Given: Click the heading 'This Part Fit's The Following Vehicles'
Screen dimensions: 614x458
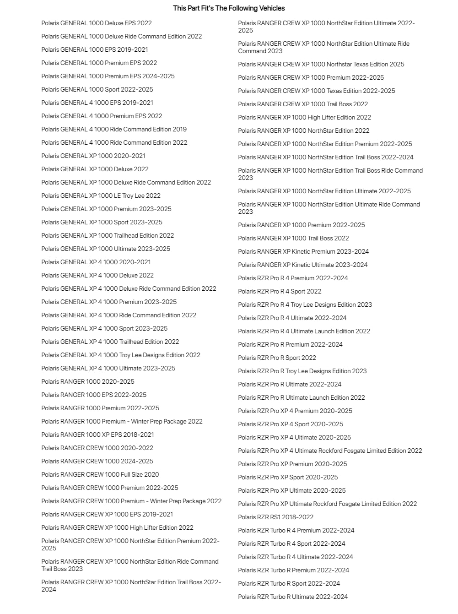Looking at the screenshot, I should [229, 8].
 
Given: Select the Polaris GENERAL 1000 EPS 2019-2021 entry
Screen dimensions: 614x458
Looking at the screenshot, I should [95, 49].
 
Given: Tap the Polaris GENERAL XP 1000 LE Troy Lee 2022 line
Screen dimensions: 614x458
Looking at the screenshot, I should [101, 196].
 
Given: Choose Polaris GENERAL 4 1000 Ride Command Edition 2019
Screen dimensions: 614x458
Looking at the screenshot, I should [114, 129].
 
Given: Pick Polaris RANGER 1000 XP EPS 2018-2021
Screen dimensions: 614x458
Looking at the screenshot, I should [97, 435].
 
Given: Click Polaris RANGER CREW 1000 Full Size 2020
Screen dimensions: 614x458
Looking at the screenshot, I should [100, 474].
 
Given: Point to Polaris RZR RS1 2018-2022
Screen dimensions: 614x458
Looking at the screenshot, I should [275, 517].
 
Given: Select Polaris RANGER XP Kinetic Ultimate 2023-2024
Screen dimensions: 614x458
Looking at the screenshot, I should [303, 265].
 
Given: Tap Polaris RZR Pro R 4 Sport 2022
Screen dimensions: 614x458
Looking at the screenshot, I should [280, 291].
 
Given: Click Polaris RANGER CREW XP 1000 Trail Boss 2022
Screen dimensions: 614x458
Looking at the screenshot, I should [303, 104].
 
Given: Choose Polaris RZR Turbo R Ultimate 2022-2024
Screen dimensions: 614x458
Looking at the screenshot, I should [293, 597].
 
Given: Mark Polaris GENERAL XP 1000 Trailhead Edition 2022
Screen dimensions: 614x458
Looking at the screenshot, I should [108, 235].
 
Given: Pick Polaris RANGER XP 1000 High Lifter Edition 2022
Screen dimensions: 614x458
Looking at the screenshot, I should [304, 117].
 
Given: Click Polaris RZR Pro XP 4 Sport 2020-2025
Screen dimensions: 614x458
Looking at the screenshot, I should [291, 424].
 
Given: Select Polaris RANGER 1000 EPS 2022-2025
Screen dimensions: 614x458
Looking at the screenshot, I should [94, 395].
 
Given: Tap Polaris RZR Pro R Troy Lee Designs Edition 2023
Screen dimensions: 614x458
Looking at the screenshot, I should [302, 371].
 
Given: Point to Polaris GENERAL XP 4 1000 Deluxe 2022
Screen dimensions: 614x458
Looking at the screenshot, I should [97, 275].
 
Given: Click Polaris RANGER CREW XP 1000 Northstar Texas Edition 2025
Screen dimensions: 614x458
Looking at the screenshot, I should [321, 64].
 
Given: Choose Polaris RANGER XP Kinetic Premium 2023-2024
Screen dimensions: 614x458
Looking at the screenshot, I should [303, 251].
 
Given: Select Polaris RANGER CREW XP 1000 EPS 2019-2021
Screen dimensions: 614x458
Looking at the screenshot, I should [107, 514].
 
